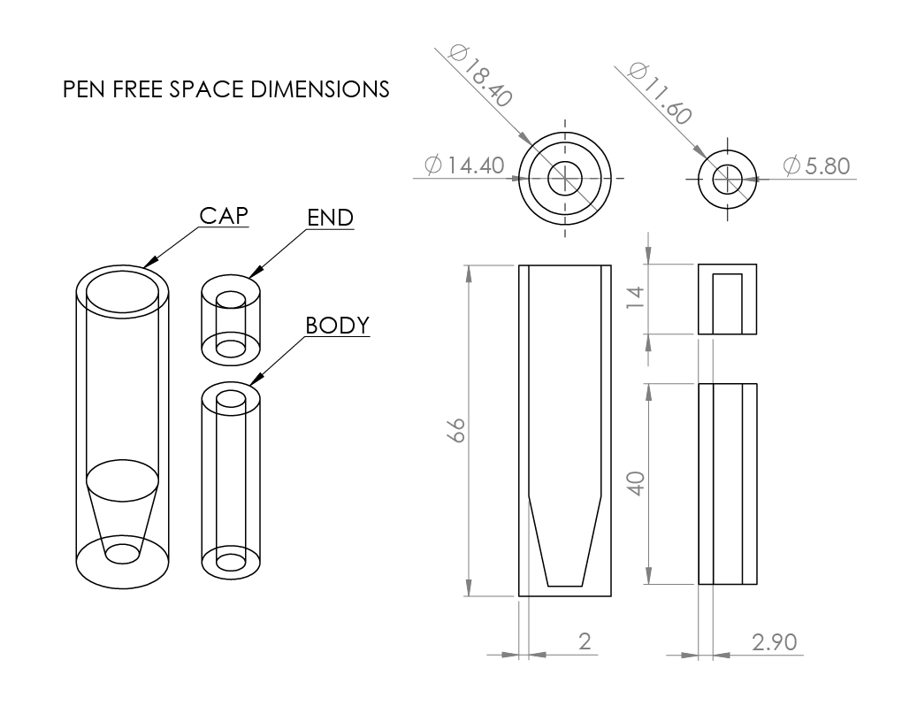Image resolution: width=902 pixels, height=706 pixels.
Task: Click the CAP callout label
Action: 224,216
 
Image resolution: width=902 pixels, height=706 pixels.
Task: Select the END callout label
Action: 330,218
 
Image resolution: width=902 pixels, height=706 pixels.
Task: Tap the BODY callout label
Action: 337,325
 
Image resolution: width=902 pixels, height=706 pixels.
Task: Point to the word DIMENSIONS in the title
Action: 320,89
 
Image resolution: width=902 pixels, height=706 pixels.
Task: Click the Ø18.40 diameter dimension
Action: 480,75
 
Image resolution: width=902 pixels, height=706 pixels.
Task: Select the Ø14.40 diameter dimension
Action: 464,165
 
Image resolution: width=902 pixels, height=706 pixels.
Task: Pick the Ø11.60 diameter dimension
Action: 659,93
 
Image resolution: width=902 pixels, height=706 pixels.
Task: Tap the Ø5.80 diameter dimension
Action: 816,165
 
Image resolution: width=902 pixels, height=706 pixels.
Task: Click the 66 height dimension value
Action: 455,430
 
